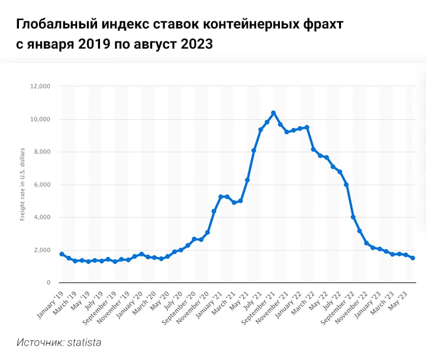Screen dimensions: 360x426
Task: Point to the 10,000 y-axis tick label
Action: click(40, 119)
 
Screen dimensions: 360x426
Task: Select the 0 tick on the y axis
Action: click(48, 283)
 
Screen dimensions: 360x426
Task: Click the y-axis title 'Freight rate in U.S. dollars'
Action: click(22, 185)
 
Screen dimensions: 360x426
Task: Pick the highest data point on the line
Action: click(273, 112)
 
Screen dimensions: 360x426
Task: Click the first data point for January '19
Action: click(62, 254)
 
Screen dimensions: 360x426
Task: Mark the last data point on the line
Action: click(412, 258)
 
